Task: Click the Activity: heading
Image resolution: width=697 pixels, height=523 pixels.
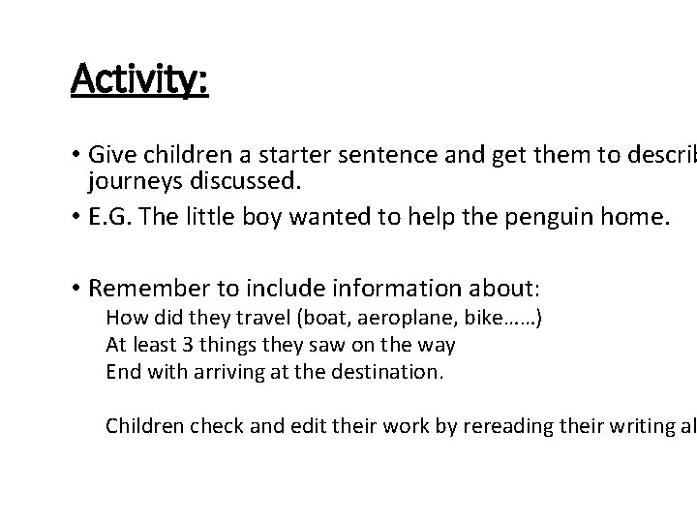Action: (139, 79)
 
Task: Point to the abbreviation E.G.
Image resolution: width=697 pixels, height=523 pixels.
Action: (106, 218)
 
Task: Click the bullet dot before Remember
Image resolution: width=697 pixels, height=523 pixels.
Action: (76, 288)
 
